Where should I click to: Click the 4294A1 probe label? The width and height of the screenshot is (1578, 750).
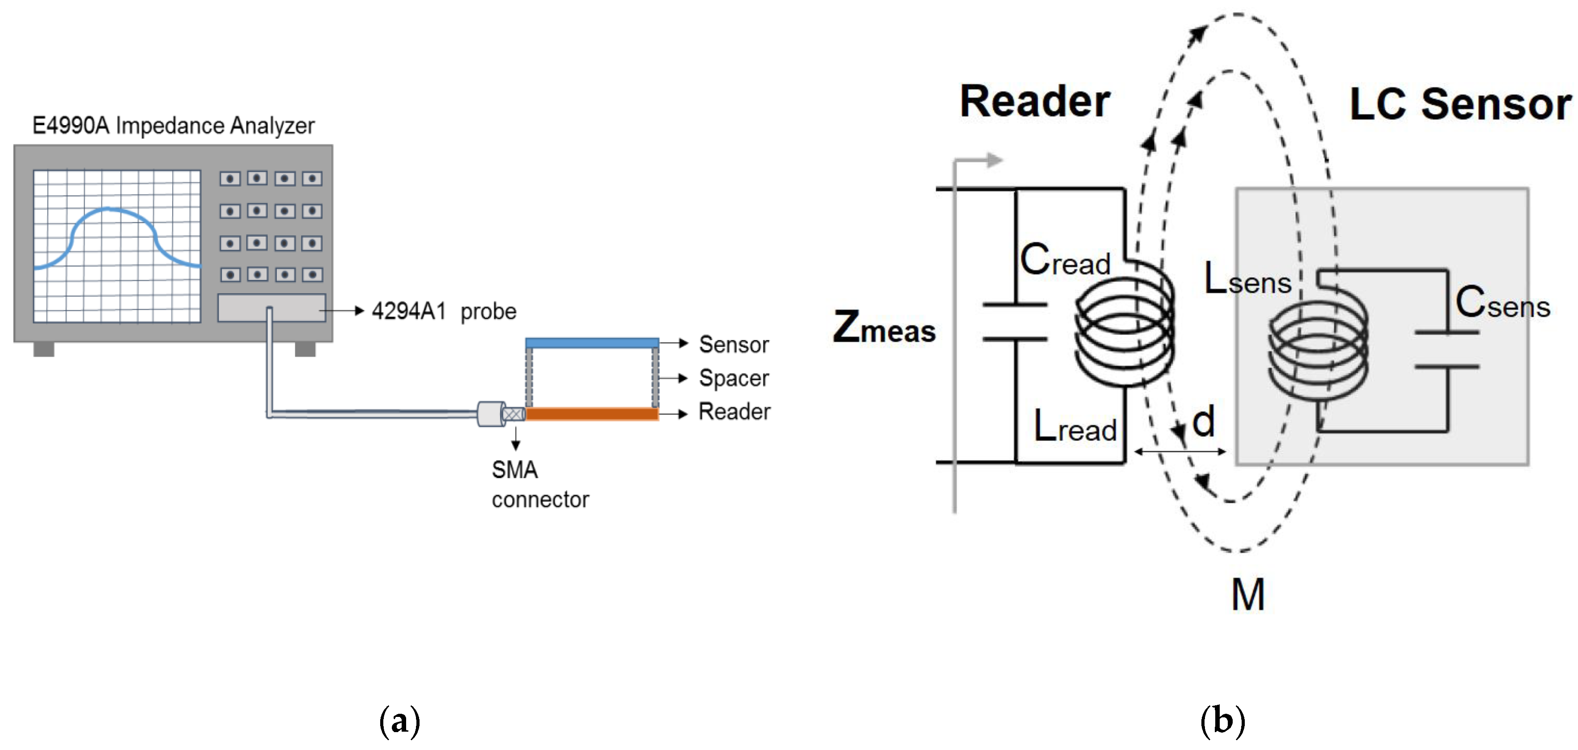[444, 311]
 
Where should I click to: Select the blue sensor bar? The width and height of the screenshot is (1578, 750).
[592, 343]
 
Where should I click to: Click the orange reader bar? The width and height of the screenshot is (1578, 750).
[592, 414]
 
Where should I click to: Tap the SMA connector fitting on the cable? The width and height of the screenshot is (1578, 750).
[499, 414]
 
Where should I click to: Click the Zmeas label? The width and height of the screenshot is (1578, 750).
[884, 328]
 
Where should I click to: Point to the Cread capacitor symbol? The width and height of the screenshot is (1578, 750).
[1015, 321]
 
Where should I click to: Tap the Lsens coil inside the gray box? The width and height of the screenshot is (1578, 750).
[1317, 352]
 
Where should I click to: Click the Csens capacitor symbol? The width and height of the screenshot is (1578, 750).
[1447, 349]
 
